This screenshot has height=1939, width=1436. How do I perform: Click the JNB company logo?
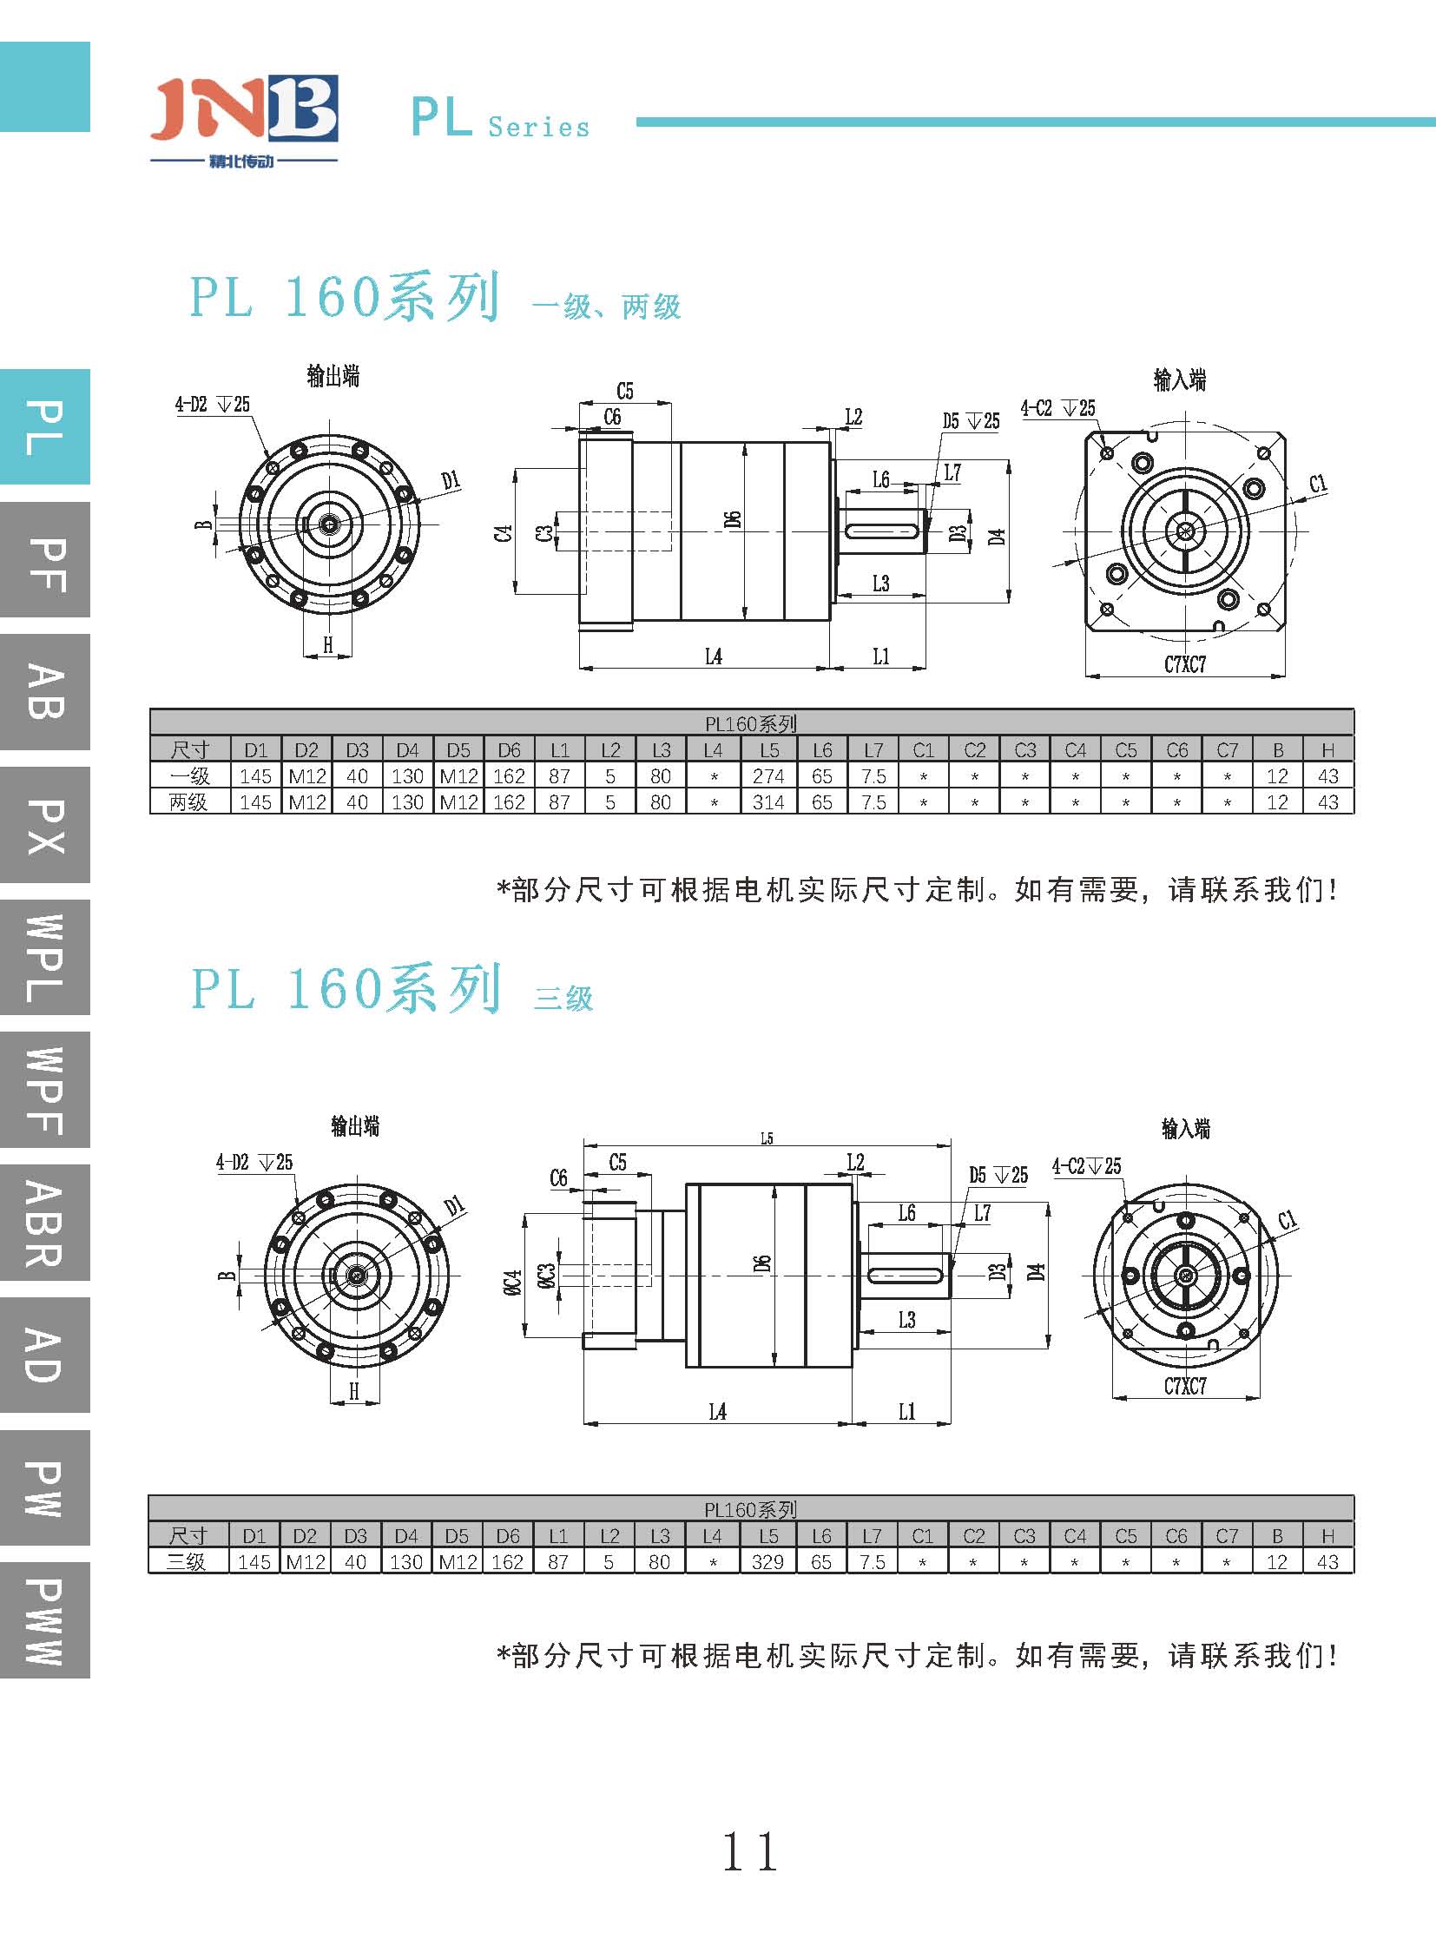243,117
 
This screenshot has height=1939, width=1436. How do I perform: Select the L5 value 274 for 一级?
768,775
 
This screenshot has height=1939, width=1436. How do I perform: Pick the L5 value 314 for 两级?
768,801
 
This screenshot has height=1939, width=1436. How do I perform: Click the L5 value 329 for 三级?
767,1561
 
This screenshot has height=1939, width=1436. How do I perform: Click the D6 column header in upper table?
509,749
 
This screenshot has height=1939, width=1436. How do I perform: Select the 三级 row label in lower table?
187,1561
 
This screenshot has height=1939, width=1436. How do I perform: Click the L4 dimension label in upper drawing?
713,656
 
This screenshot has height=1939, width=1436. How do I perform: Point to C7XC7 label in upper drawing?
1185,665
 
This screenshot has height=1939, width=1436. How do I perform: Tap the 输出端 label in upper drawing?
333,377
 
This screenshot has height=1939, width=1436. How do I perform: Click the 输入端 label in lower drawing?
1186,1129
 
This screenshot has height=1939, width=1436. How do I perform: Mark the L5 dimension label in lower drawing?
767,1138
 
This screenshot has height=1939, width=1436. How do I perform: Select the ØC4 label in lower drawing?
512,1283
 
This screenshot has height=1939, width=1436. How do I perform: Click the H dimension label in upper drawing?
327,644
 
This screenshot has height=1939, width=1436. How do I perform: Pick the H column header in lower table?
1327,1535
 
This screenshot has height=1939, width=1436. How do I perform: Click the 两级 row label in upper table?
188,801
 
